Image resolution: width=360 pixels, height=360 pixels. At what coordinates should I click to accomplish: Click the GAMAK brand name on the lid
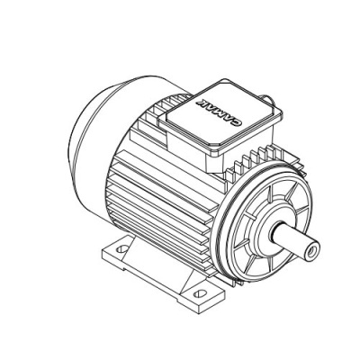(x=219, y=111)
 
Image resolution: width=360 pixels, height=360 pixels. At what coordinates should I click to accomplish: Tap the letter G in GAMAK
(x=237, y=121)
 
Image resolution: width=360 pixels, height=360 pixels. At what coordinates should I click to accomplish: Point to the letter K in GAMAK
(x=201, y=101)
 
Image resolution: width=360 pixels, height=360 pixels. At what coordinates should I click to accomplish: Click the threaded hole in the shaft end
(x=312, y=249)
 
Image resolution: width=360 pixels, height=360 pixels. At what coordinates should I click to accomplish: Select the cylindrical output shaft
(x=295, y=240)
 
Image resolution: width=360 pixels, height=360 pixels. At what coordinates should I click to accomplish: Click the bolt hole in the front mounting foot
(x=200, y=292)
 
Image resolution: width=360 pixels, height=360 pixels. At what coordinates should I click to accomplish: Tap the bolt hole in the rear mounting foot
(x=121, y=248)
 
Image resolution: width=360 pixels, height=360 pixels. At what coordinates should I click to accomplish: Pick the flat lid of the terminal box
(x=220, y=116)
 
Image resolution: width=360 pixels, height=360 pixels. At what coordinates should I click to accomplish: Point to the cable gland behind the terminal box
(x=268, y=99)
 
